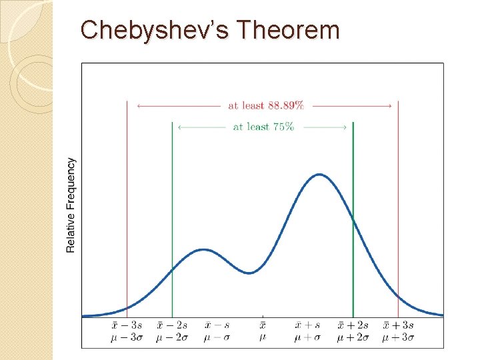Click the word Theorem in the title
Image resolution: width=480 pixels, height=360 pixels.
(287, 31)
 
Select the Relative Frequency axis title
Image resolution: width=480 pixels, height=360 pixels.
(71, 205)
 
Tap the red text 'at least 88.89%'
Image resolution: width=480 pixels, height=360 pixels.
(266, 105)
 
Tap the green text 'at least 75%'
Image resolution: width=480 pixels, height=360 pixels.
(263, 127)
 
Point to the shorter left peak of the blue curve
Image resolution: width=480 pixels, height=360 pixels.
(203, 250)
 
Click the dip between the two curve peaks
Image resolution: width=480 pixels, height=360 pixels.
(249, 273)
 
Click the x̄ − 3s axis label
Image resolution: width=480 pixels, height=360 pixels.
(127, 325)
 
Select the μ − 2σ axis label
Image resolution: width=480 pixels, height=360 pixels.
(172, 338)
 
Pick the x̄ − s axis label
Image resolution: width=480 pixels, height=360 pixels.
(217, 325)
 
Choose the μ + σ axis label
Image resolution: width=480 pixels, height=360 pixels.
(307, 338)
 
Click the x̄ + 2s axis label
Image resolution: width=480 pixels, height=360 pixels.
(353, 325)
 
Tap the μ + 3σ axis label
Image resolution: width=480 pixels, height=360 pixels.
(398, 338)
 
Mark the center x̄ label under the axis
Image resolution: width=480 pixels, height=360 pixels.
(263, 325)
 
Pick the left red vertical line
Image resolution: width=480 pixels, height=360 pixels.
(127, 200)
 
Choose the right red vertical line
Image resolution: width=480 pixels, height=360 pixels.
(398, 200)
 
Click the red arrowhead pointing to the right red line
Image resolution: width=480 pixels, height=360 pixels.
(389, 105)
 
